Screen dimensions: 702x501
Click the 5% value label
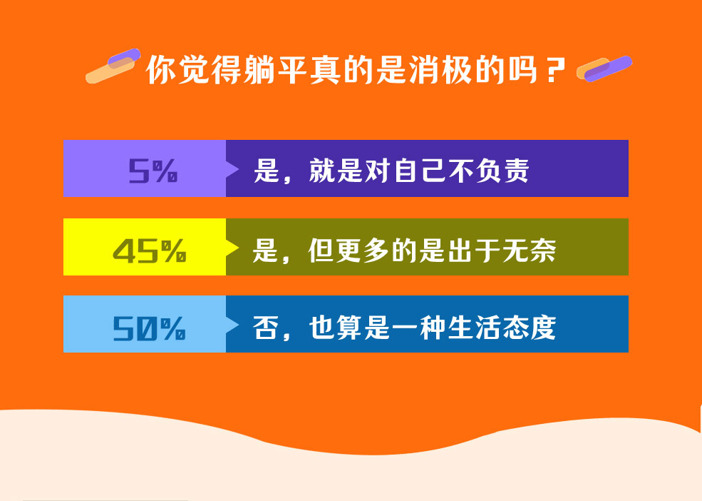(153, 171)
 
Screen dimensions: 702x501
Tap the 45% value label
(149, 250)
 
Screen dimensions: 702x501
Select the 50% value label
(149, 328)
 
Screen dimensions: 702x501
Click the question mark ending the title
(556, 70)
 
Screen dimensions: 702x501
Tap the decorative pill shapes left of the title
(113, 66)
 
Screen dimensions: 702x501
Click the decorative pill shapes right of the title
(604, 69)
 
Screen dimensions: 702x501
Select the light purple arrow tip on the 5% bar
(232, 169)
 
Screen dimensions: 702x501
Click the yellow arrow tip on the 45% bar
(232, 248)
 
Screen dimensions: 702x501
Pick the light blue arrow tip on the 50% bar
(232, 325)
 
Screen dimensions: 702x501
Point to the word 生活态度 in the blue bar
(502, 328)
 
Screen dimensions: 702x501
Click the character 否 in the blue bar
(267, 328)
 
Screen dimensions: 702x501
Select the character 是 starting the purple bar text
(267, 171)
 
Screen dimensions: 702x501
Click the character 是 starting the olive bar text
(266, 250)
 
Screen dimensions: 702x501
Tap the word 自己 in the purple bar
(420, 171)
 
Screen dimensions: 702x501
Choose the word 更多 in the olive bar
(363, 250)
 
